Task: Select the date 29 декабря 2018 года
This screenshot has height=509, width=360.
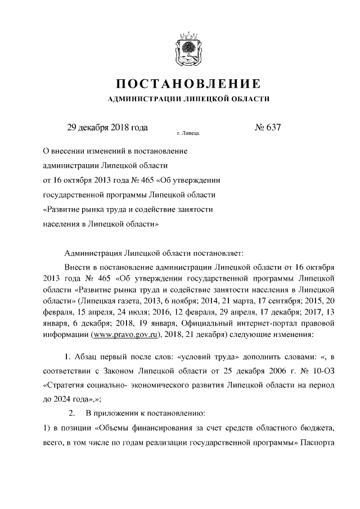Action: tap(107, 128)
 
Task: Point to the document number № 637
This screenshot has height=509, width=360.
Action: tap(267, 128)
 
